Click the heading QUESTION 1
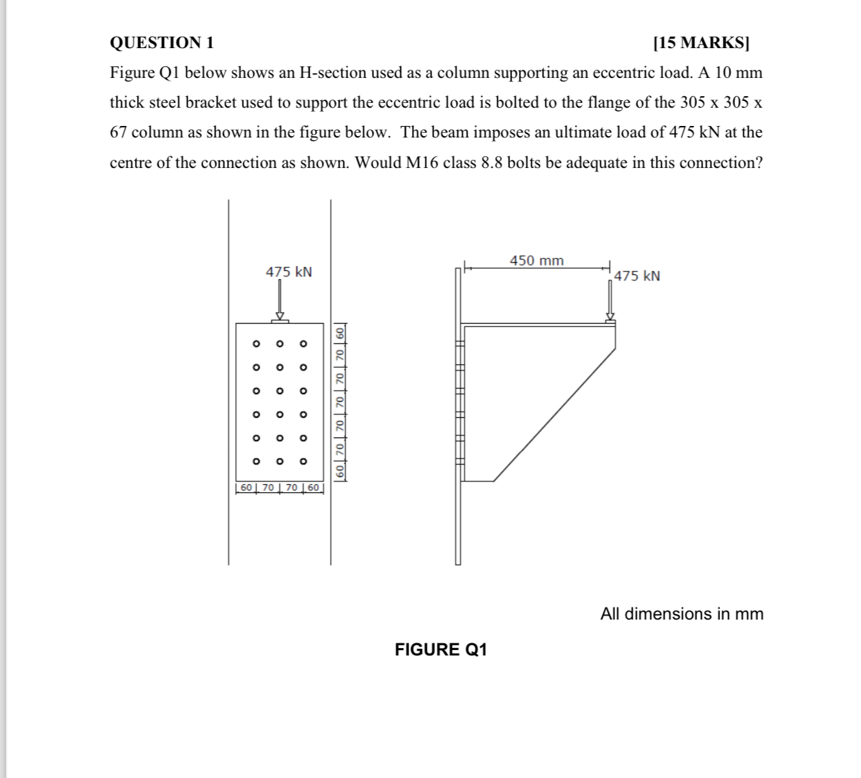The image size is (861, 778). (x=161, y=43)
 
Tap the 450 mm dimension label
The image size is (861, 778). (x=537, y=261)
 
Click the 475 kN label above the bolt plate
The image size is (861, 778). (x=289, y=272)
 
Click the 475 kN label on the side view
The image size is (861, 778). (x=637, y=276)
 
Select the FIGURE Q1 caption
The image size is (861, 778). (x=441, y=650)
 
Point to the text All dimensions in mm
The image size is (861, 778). (x=681, y=614)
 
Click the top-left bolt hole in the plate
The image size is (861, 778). (x=255, y=344)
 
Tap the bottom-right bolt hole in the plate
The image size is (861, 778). (x=303, y=462)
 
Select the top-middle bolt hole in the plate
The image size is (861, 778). (x=279, y=344)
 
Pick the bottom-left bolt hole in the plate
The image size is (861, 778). (x=255, y=462)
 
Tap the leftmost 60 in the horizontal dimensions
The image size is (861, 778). (x=245, y=488)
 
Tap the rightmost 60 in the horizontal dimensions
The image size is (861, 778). (x=313, y=488)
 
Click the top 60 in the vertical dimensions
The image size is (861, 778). (x=340, y=333)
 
